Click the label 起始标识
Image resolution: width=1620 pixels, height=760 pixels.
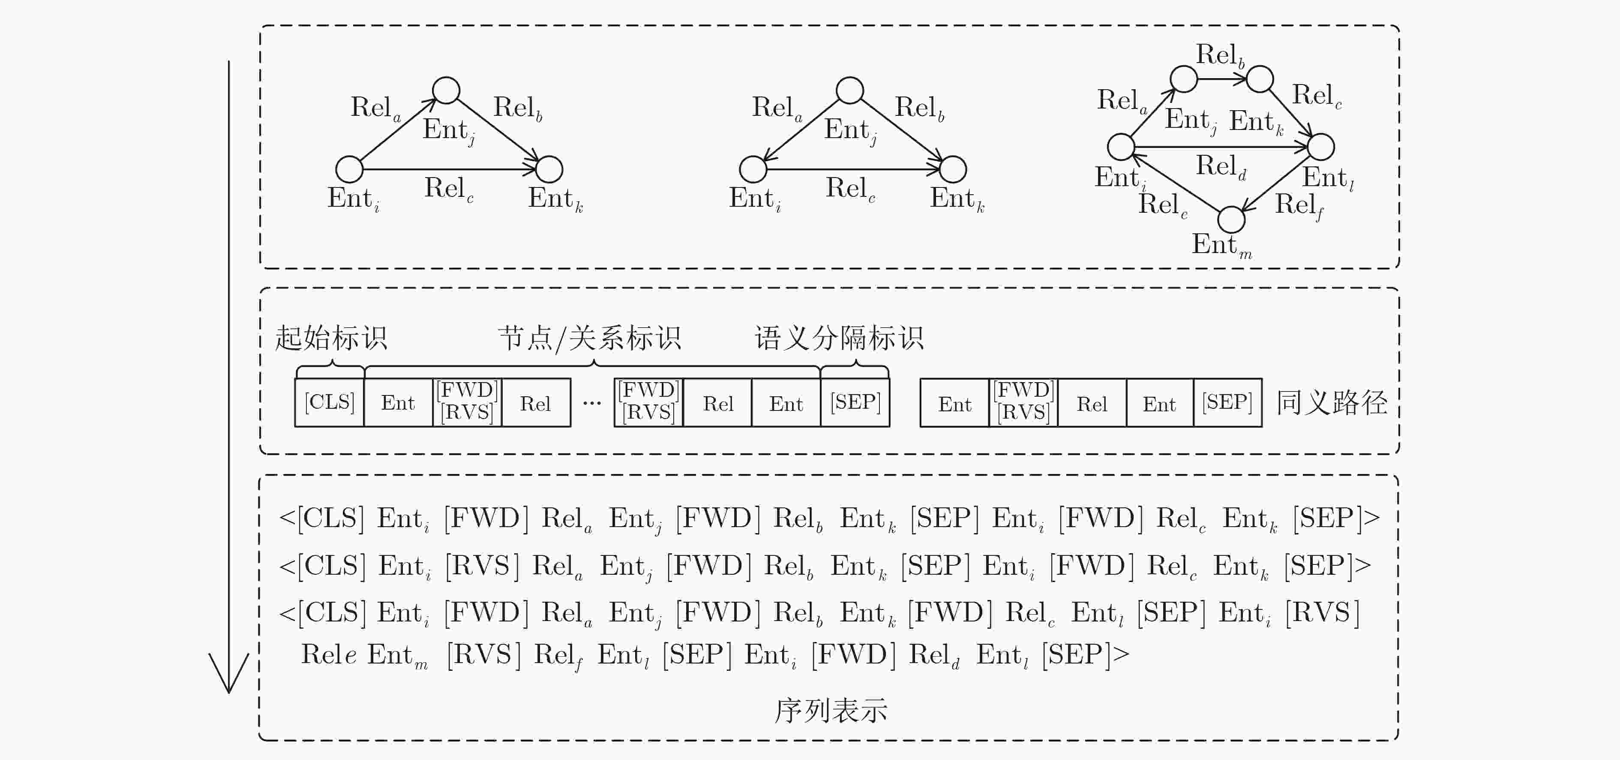pyautogui.click(x=331, y=338)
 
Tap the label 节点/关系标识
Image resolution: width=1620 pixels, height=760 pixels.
pyautogui.click(x=589, y=338)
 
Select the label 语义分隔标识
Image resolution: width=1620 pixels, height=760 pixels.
pyautogui.click(x=839, y=338)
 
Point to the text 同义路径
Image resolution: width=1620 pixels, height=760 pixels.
pyautogui.click(x=1331, y=403)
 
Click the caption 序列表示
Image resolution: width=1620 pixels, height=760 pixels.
pyautogui.click(x=831, y=710)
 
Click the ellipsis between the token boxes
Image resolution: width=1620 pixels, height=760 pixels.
pyautogui.click(x=592, y=403)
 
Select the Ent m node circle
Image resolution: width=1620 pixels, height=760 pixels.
pyautogui.click(x=1231, y=220)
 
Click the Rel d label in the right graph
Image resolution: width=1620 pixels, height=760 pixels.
pyautogui.click(x=1221, y=167)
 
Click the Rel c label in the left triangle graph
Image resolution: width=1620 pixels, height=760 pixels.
pyautogui.click(x=448, y=189)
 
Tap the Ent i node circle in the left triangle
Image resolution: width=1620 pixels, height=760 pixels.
pyautogui.click(x=350, y=169)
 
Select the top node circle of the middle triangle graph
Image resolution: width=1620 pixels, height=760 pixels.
pyautogui.click(x=849, y=90)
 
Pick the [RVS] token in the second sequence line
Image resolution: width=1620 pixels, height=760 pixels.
pyautogui.click(x=482, y=566)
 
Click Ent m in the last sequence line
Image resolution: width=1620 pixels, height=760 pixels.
pyautogui.click(x=397, y=655)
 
